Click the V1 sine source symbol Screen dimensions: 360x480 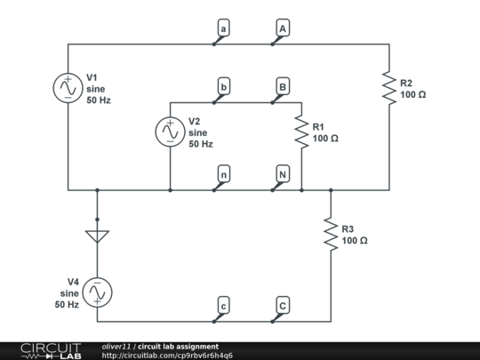[68, 88]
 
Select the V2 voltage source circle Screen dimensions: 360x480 [169, 132]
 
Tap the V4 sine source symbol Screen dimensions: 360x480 [97, 292]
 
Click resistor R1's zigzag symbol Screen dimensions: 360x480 [301, 132]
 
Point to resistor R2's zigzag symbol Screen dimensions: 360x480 [388, 88]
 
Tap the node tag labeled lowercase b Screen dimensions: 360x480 [223, 87]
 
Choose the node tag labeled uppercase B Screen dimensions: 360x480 [282, 87]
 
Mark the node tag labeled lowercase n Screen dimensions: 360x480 [223, 174]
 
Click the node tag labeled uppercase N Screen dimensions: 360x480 [282, 174]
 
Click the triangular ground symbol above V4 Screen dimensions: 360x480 [97, 237]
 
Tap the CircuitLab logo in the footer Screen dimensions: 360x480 [44, 350]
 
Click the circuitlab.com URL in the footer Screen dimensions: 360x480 [168, 356]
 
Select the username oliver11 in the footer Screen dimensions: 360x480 [116, 346]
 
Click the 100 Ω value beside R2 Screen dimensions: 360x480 [413, 94]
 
